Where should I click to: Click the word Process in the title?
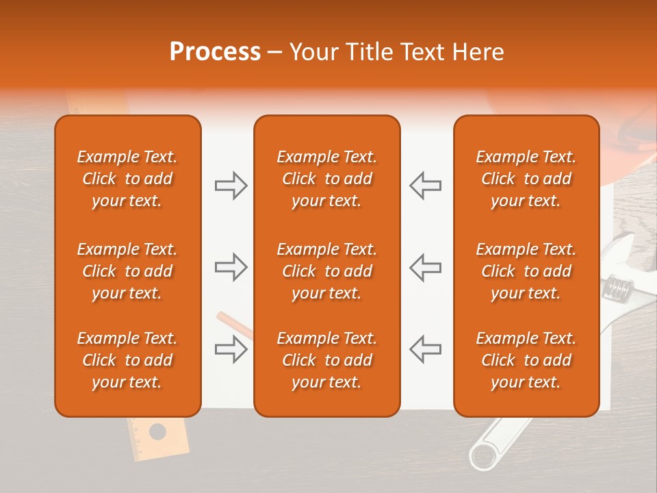pyautogui.click(x=215, y=52)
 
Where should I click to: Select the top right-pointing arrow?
pyautogui.click(x=231, y=186)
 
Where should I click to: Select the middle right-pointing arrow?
pyautogui.click(x=231, y=267)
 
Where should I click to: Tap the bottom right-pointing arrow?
pyautogui.click(x=231, y=349)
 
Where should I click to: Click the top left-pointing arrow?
pyautogui.click(x=425, y=186)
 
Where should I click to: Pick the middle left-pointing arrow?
pyautogui.click(x=425, y=267)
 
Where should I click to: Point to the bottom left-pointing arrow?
pyautogui.click(x=425, y=349)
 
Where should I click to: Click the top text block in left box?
pyautogui.click(x=127, y=179)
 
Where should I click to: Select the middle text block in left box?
pyautogui.click(x=127, y=271)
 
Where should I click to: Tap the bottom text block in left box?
pyautogui.click(x=127, y=360)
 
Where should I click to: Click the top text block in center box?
pyautogui.click(x=326, y=179)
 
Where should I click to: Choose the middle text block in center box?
pyautogui.click(x=326, y=271)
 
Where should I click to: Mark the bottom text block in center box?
pyautogui.click(x=326, y=360)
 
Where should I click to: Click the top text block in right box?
pyautogui.click(x=526, y=179)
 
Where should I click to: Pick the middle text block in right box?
pyautogui.click(x=526, y=271)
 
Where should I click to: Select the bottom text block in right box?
pyautogui.click(x=526, y=360)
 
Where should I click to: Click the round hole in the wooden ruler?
pyautogui.click(x=157, y=431)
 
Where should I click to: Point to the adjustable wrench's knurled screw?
pyautogui.click(x=617, y=287)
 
